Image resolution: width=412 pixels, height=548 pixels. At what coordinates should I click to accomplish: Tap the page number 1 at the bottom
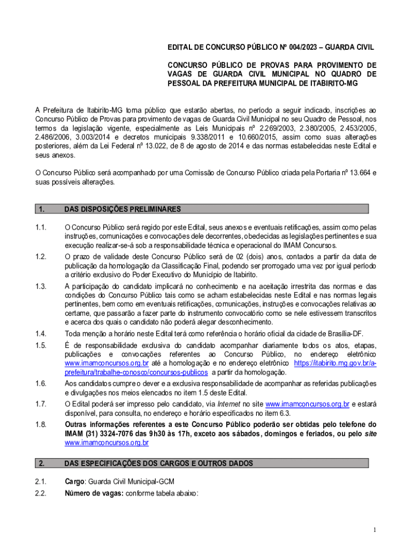coord(376,530)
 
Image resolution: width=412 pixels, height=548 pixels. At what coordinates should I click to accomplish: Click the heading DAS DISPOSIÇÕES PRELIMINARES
coord(123,209)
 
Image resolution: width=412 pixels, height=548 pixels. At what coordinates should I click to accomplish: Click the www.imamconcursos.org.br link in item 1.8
coord(106,443)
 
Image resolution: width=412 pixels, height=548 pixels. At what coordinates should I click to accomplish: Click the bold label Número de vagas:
coord(94,493)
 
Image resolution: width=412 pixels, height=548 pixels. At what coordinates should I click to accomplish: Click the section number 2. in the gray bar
coord(42,463)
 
